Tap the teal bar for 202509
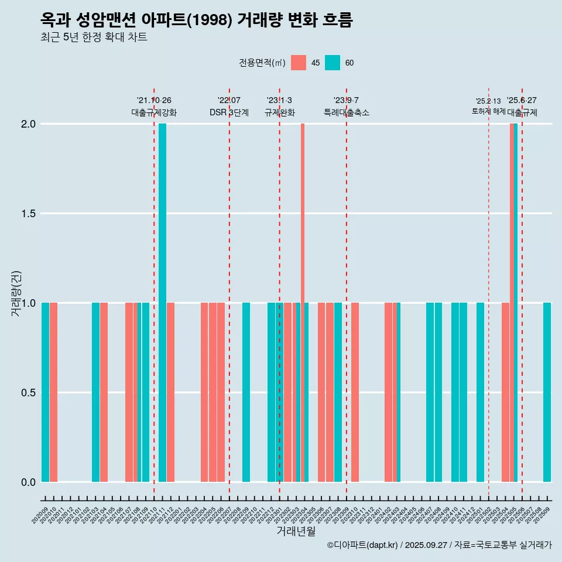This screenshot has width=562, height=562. (x=547, y=392)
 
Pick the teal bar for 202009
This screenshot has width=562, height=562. (x=45, y=392)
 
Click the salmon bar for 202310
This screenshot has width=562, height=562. (x=355, y=392)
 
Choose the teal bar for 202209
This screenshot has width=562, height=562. (x=246, y=392)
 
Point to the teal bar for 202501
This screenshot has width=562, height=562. (x=480, y=392)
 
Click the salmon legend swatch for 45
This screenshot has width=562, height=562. (x=299, y=63)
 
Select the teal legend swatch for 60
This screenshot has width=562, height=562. (x=333, y=63)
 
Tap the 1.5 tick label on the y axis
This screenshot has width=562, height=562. (x=28, y=214)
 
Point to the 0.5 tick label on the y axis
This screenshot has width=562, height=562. (x=28, y=393)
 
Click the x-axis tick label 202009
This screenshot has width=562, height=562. (x=40, y=516)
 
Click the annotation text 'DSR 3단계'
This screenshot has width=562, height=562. (x=229, y=112)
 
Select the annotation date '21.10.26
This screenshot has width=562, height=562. (x=154, y=100)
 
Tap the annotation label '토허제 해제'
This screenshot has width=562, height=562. (x=488, y=111)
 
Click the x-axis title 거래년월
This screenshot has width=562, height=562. (x=296, y=532)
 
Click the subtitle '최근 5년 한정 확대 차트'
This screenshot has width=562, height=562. (x=94, y=37)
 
